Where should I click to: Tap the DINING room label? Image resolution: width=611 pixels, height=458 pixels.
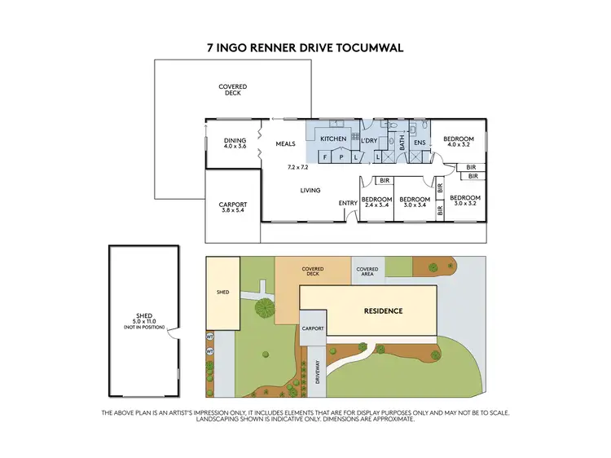point(235,140)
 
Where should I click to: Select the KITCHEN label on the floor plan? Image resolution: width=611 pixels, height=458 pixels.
point(333,139)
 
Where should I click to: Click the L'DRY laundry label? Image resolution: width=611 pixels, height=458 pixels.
point(369,139)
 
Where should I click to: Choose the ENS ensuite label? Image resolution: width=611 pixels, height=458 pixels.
point(420,143)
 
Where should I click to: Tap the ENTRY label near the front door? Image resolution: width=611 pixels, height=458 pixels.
point(348,203)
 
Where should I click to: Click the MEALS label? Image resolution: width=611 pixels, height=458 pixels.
point(285,143)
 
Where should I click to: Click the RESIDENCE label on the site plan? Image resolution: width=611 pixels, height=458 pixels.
point(382,310)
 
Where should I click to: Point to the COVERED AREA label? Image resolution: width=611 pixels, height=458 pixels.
point(367,272)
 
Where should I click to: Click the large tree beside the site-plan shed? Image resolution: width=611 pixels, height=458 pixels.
point(263,307)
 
